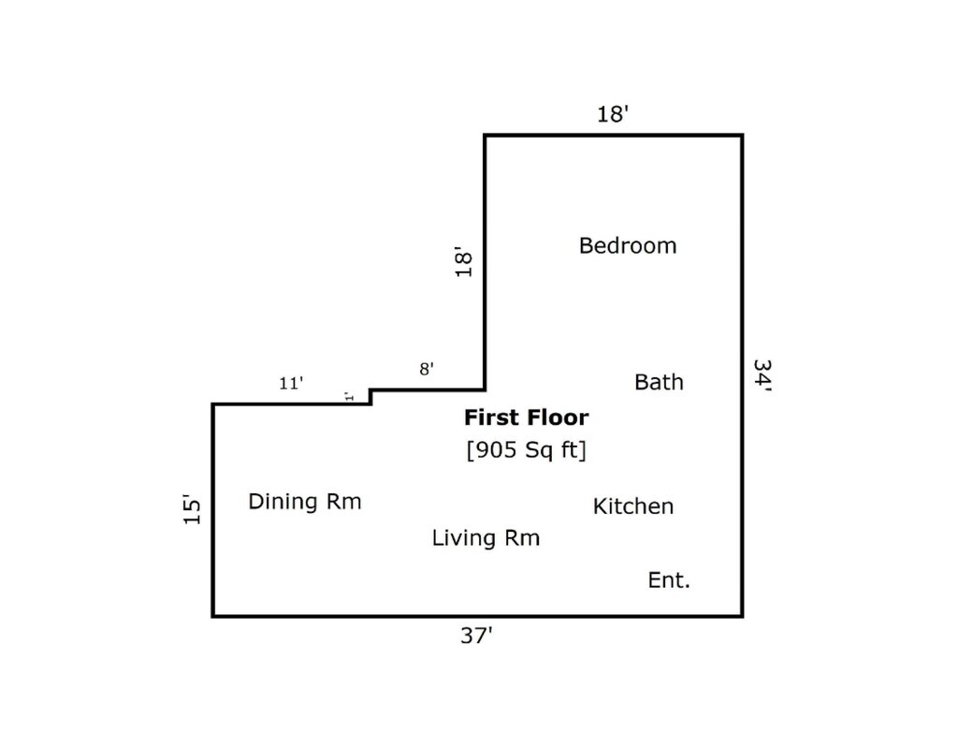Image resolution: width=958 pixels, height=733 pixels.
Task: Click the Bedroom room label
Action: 628,246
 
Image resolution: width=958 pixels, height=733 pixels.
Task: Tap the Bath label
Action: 659,382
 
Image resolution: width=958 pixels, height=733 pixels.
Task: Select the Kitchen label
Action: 633,506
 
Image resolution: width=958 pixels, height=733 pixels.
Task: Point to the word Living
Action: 463,538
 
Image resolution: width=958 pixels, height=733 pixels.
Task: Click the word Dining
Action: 283,502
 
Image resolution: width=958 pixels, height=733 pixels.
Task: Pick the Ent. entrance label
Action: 668,580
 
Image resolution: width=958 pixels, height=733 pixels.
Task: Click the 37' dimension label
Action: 476,636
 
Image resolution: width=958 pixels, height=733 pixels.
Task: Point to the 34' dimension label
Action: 762,374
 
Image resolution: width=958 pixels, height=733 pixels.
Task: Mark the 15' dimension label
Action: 192,508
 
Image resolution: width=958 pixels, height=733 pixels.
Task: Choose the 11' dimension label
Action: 291,383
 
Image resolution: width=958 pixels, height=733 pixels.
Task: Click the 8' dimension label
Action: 427,369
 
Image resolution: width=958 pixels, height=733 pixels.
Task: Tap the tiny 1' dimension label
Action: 349,396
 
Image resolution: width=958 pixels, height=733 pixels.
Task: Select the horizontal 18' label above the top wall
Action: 613,113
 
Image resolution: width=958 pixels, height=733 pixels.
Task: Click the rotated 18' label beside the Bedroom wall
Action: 464,262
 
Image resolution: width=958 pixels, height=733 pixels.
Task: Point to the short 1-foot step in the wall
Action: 370,397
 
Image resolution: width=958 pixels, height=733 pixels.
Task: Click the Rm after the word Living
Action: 522,538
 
